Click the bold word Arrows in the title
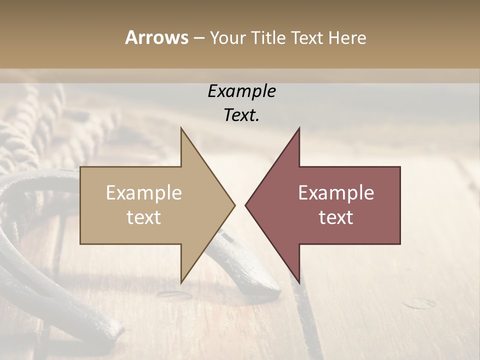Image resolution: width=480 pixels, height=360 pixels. pos(156,37)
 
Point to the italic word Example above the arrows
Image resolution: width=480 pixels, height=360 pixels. pos(241,91)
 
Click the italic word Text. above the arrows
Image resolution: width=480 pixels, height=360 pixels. pos(241,115)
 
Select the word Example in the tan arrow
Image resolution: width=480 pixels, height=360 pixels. pos(144,193)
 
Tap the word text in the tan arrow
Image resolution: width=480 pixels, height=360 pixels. pos(144,217)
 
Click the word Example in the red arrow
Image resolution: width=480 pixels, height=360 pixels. pos(336,193)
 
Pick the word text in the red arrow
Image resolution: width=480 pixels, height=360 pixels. pos(336,217)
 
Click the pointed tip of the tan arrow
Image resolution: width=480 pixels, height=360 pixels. pos(234,205)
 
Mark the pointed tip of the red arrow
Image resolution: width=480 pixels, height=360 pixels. pos(245,205)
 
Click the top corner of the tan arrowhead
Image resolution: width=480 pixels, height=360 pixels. pos(181,128)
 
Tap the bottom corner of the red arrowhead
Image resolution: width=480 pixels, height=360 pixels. pos(299,283)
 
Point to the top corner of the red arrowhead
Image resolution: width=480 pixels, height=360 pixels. pos(299,128)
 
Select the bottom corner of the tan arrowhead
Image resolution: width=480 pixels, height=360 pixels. pos(181,283)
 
